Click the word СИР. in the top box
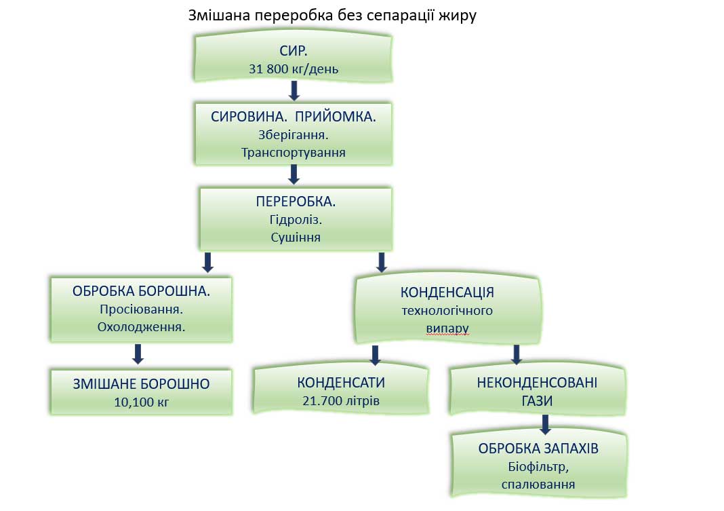[x=294, y=52]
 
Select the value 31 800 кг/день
[x=294, y=69]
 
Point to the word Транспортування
[x=294, y=152]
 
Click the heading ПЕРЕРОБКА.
[x=296, y=202]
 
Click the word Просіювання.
[x=141, y=308]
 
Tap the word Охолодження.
[x=141, y=326]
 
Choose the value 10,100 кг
[x=141, y=402]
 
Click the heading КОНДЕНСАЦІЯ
[x=447, y=292]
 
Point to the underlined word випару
[x=447, y=328]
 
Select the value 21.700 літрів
[x=342, y=400]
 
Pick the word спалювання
[x=539, y=484]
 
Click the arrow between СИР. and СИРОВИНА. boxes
[x=294, y=91]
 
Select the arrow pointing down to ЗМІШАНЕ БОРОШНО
[x=138, y=353]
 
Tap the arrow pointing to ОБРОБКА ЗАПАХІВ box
[x=544, y=425]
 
